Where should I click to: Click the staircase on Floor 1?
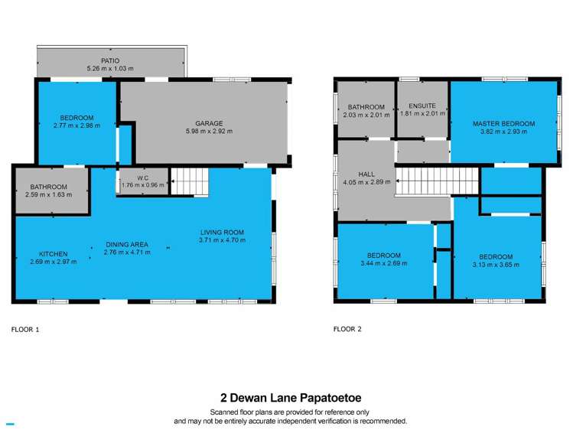point(189,182)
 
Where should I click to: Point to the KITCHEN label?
point(54,253)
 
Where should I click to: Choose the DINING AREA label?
point(126,244)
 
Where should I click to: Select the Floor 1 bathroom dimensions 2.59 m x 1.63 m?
point(49,195)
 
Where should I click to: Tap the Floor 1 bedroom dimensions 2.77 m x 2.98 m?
point(77,125)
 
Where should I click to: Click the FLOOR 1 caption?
point(25,330)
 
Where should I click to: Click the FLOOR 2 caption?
point(347,330)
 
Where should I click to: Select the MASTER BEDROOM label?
point(503,123)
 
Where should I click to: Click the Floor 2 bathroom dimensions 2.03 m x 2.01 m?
point(366,115)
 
